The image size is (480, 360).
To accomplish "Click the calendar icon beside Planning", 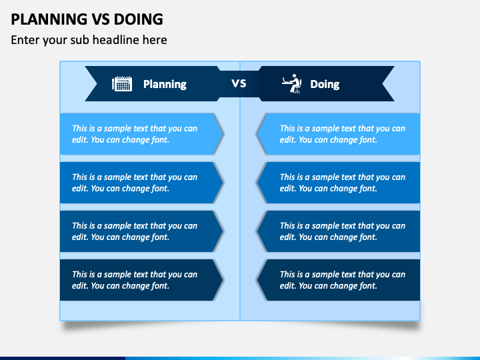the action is click(x=122, y=83).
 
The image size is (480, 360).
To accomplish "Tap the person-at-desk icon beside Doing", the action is click(x=292, y=83).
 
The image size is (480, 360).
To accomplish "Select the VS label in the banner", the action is click(x=239, y=83).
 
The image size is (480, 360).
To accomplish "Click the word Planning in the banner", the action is click(x=165, y=84).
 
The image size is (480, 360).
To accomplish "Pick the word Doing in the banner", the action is click(x=325, y=84).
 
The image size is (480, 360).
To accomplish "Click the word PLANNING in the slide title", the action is click(x=49, y=19).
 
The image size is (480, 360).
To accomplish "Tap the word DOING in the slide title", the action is click(x=139, y=19).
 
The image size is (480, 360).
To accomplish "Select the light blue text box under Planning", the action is click(x=141, y=134).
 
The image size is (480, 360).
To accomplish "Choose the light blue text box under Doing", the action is click(x=338, y=134).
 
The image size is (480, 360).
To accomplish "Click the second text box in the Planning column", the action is click(x=141, y=183).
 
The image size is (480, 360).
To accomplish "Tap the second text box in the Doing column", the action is click(x=338, y=183).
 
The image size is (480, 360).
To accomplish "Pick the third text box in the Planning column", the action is click(x=141, y=231).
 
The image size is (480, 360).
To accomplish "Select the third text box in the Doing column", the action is click(x=338, y=231).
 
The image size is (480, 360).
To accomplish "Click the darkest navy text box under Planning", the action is click(x=141, y=280).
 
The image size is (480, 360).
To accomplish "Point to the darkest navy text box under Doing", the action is click(x=338, y=280).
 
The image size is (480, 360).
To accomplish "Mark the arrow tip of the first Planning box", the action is click(x=223, y=134).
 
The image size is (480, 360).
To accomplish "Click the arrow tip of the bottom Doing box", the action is click(x=257, y=280).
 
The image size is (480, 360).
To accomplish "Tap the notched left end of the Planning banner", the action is click(x=97, y=83).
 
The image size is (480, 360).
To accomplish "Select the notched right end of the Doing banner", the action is click(x=383, y=83).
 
